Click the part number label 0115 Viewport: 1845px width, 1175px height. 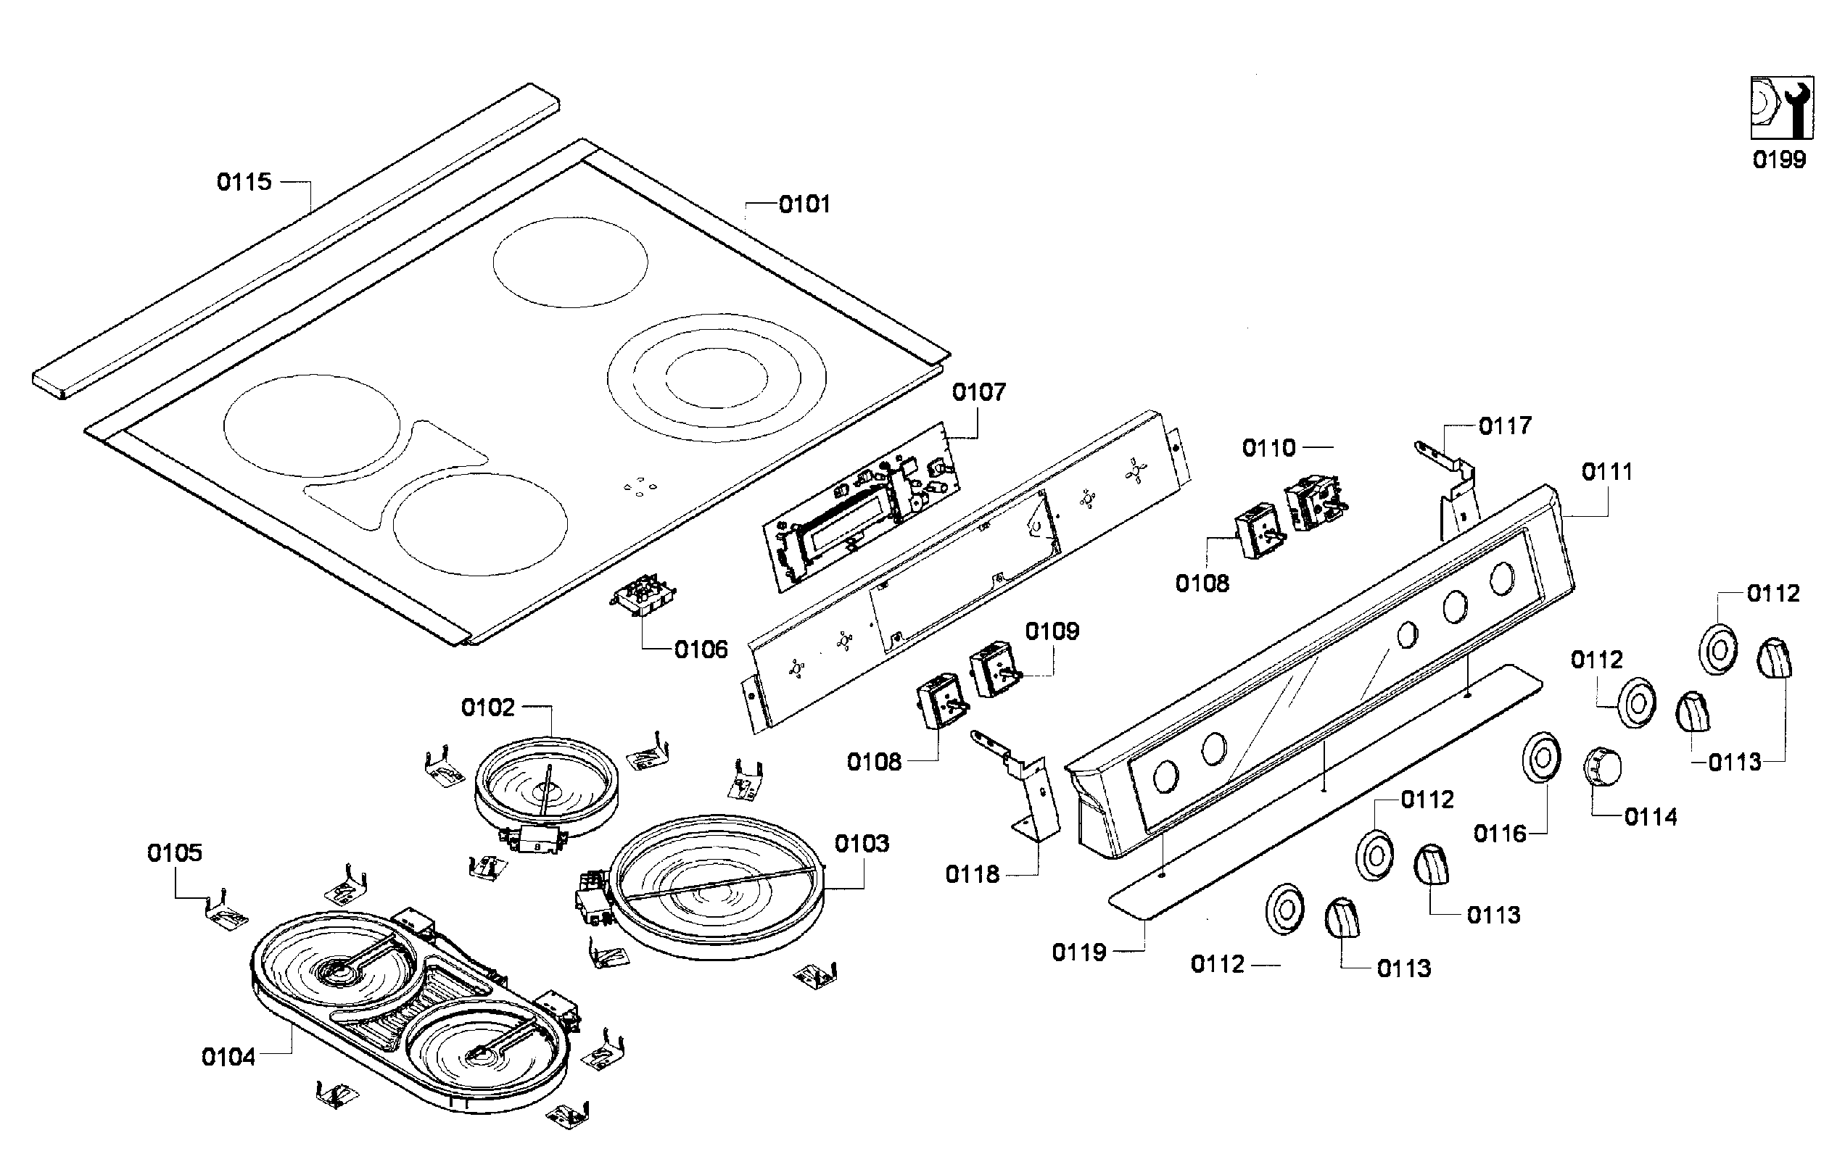244,181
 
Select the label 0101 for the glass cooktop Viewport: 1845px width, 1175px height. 804,204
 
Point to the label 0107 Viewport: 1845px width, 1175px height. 978,392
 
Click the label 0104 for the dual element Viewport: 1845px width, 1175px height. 228,1057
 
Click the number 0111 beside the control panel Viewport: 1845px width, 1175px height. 1606,472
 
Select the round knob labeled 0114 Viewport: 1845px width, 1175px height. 1602,766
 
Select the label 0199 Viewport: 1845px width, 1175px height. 1779,160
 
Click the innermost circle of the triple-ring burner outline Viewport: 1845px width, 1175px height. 716,378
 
